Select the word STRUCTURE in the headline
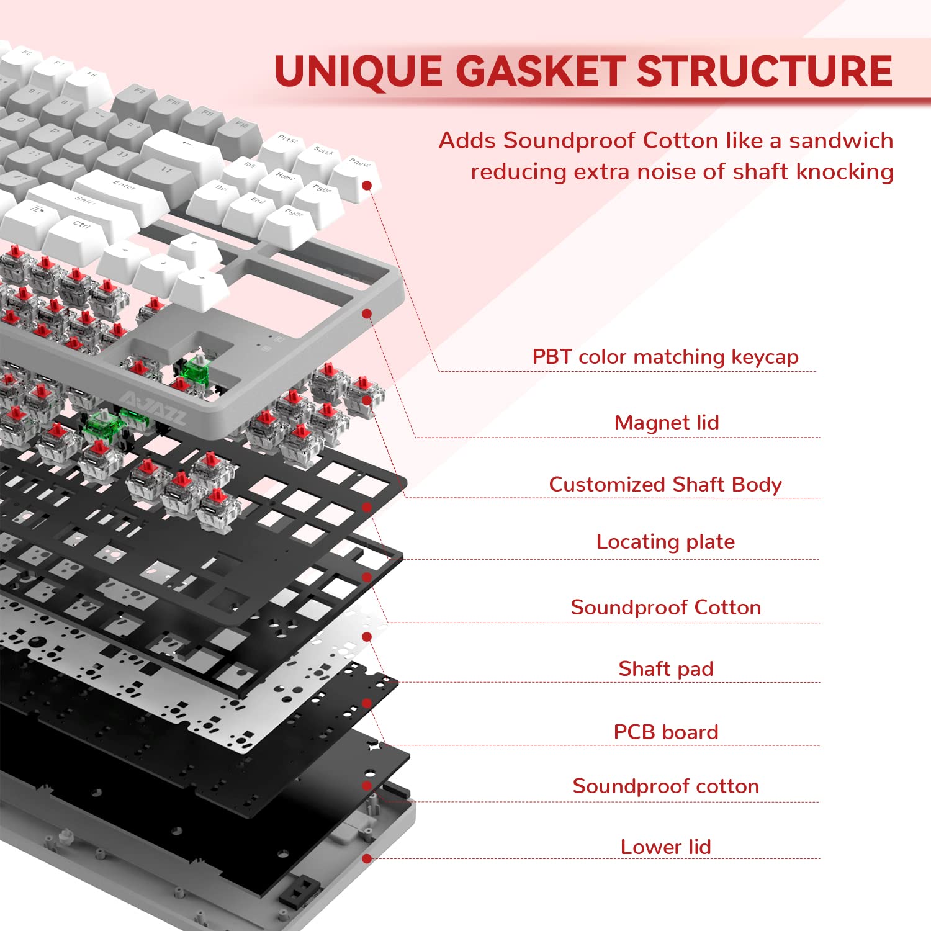click(x=765, y=71)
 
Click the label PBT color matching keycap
click(x=665, y=357)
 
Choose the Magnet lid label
click(x=667, y=423)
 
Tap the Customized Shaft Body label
click(x=665, y=484)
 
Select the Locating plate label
click(x=665, y=542)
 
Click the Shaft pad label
click(x=666, y=669)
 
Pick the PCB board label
click(x=666, y=732)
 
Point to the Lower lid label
click(x=666, y=847)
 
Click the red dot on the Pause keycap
click(x=367, y=186)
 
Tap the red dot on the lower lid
click(x=367, y=858)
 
